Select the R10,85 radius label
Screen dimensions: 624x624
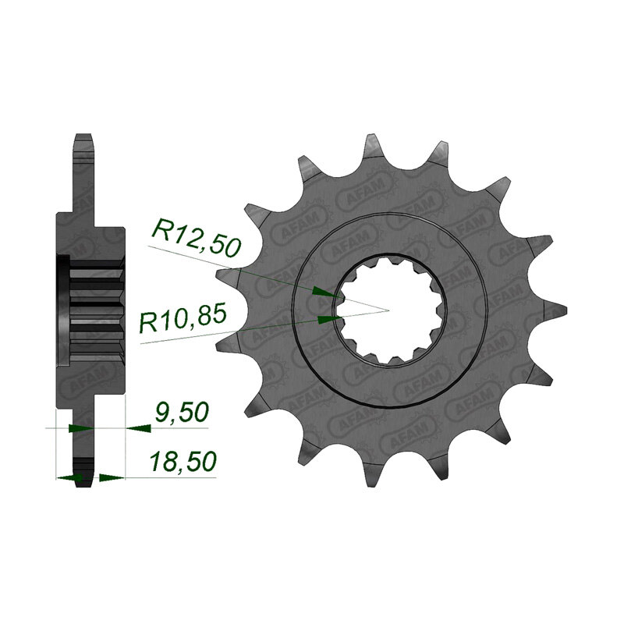tap(183, 317)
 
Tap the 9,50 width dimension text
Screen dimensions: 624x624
tap(182, 413)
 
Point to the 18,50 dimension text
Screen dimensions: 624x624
tap(183, 461)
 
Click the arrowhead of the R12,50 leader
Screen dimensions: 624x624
tap(327, 292)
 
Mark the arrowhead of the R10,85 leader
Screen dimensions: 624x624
tap(330, 319)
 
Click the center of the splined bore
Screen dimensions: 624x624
tap(388, 310)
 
